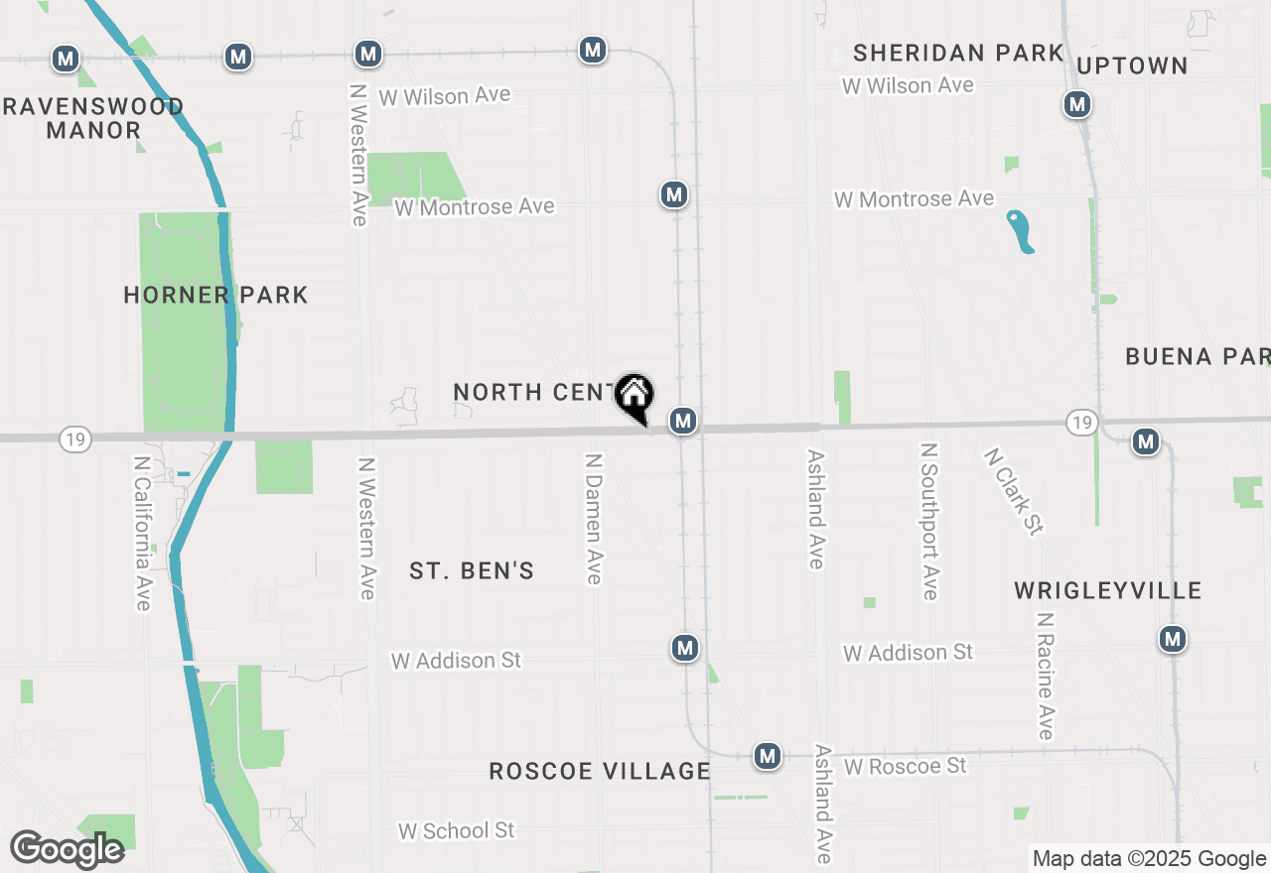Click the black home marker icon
634,395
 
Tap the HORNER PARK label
215,296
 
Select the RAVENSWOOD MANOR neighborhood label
93,118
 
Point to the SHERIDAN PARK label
958,53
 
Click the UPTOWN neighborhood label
1132,66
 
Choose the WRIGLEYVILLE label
1107,591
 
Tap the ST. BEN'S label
472,570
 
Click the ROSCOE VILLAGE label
600,772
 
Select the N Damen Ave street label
594,519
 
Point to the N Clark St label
1014,491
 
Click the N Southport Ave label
929,521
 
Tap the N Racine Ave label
1045,676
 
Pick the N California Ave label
142,533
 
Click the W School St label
457,830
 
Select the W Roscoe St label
905,767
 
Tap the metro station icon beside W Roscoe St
767,757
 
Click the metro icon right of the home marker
682,422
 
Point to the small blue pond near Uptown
1020,231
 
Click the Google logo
67,849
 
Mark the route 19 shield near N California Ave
75,439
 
